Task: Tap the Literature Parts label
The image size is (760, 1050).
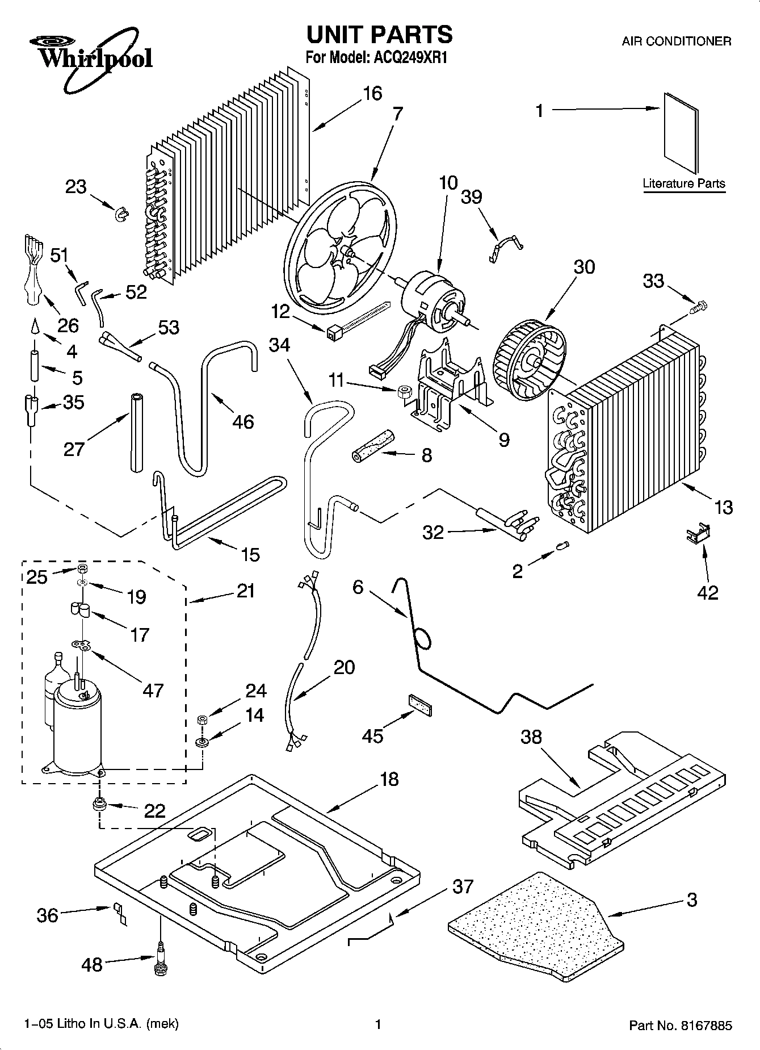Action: tap(683, 183)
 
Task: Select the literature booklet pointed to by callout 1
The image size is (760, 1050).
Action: tap(681, 133)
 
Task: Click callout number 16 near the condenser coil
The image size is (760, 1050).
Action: tap(372, 93)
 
